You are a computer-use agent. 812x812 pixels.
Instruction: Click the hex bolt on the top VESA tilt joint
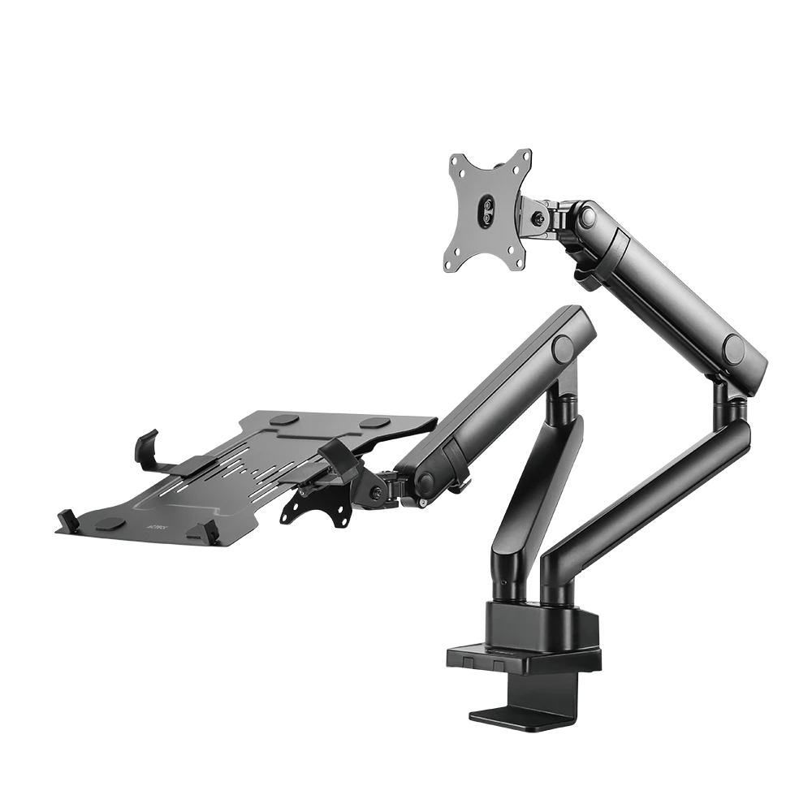click(x=538, y=218)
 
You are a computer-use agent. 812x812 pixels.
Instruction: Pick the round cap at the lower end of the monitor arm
click(x=734, y=348)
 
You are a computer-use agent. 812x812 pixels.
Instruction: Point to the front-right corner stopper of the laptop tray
click(x=203, y=533)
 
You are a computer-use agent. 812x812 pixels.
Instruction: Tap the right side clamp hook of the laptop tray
click(x=337, y=455)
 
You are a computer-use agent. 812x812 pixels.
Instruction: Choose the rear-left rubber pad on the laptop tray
click(x=284, y=420)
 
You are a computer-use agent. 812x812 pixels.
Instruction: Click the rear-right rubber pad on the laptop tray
click(x=374, y=423)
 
